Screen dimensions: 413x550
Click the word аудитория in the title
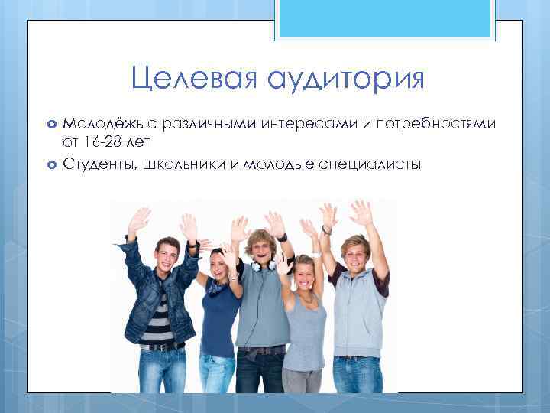[x=345, y=78]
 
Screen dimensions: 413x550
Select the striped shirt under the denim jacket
[x=160, y=317]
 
